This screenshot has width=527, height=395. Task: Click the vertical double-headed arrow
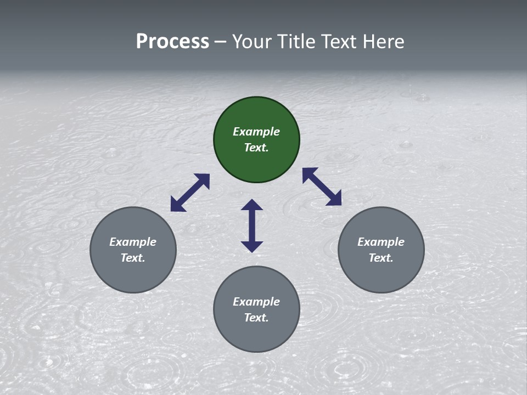(x=252, y=225)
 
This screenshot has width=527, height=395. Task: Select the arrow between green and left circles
(x=190, y=193)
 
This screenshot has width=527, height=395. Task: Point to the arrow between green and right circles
(x=322, y=187)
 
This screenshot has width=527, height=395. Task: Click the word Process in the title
(x=172, y=42)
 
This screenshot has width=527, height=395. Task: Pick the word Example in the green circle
(x=256, y=132)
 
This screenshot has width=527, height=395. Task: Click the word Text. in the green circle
(x=256, y=148)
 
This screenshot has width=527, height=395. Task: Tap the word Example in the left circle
(x=133, y=242)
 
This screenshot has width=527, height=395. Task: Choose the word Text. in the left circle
(x=133, y=258)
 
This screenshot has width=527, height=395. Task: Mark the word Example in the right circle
(x=381, y=242)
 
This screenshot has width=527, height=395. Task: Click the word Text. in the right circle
(x=381, y=258)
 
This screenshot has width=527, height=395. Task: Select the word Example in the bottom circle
(x=256, y=302)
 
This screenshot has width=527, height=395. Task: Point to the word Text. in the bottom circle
(x=256, y=318)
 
